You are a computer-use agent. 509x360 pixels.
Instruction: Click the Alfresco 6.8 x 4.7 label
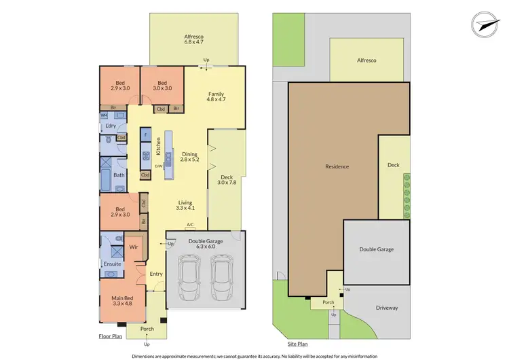click(x=194, y=39)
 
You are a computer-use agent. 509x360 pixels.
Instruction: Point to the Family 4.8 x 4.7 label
click(x=215, y=97)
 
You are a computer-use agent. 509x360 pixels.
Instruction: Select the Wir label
click(x=134, y=249)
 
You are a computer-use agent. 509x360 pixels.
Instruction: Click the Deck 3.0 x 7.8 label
click(x=225, y=179)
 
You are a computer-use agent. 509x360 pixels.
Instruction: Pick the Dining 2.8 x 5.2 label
click(x=189, y=157)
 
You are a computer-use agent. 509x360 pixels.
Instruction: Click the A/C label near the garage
click(x=190, y=224)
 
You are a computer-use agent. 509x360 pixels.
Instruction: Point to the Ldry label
click(x=110, y=126)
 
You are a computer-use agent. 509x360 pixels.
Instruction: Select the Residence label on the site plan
click(x=337, y=166)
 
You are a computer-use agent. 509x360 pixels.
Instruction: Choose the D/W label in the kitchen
click(x=158, y=165)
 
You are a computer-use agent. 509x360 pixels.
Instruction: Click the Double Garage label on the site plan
click(x=376, y=249)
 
